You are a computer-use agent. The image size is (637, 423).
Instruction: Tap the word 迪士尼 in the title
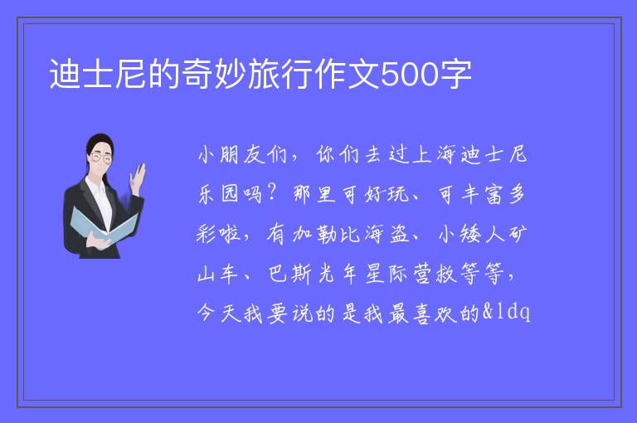[x=98, y=74]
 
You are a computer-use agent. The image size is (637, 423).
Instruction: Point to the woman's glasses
[x=100, y=158]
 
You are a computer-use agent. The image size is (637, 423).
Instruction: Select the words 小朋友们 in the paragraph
[x=242, y=155]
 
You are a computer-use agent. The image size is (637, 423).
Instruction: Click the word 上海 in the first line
[x=434, y=155]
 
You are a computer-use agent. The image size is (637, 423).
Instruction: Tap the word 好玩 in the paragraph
[x=387, y=194]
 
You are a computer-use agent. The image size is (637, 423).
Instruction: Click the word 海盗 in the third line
[x=387, y=234]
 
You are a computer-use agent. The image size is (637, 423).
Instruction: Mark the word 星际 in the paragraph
[x=387, y=274]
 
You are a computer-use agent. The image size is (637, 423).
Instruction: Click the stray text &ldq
[x=506, y=312]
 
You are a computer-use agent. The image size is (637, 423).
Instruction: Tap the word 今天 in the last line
[x=219, y=314]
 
